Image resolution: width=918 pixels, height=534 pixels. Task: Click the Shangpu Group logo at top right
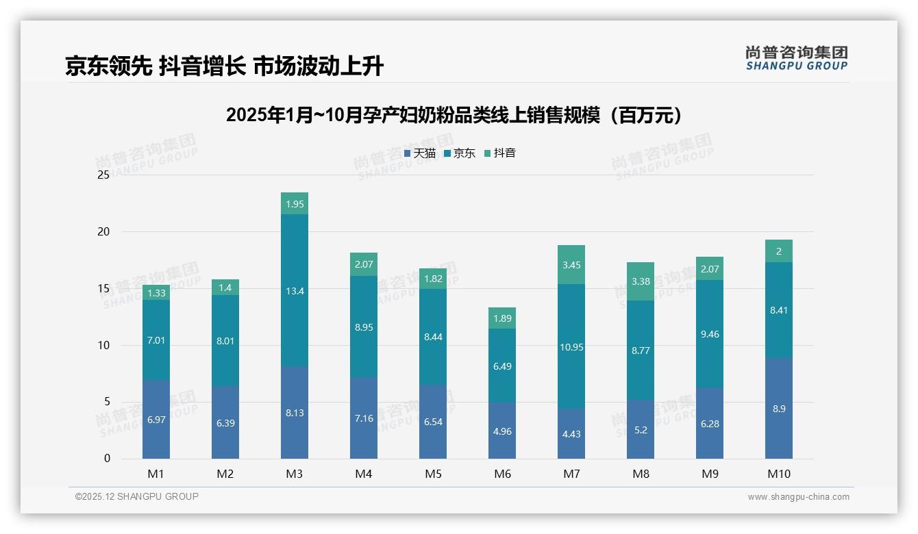click(x=796, y=58)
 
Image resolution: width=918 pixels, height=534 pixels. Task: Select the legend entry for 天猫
click(x=420, y=153)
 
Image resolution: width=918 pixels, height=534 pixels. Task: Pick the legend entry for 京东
click(x=460, y=153)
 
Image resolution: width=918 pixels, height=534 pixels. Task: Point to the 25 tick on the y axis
click(x=103, y=175)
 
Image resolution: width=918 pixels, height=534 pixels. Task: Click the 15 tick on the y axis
click(x=103, y=288)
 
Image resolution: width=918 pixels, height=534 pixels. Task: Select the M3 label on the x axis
click(x=295, y=474)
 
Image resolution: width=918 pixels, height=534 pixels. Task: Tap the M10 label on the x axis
click(x=778, y=474)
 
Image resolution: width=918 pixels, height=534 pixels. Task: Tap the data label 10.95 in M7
click(x=571, y=347)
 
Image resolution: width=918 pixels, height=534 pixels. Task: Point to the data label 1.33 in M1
click(x=156, y=293)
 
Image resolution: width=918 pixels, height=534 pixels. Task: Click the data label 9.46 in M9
click(x=710, y=334)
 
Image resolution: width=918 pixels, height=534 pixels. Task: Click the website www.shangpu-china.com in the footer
click(x=798, y=497)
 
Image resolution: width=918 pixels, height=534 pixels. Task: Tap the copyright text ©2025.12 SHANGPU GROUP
click(x=137, y=496)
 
